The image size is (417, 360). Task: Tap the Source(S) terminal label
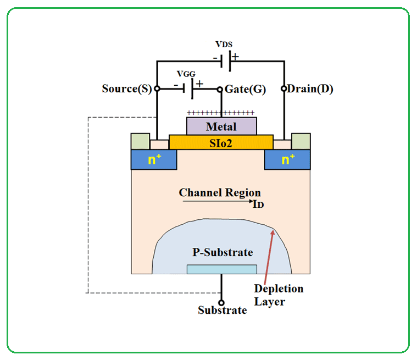click(127, 88)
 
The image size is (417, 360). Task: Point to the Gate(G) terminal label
click(245, 89)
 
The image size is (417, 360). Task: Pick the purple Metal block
click(221, 126)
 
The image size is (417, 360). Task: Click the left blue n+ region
click(154, 159)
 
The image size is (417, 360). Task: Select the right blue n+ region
click(287, 159)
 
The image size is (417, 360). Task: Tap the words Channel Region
click(220, 192)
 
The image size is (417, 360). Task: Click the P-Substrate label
click(222, 252)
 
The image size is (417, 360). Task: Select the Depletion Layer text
click(279, 295)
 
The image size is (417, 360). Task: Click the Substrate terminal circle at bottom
click(221, 302)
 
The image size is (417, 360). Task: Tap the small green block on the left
click(140, 141)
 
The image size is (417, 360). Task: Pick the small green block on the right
click(301, 141)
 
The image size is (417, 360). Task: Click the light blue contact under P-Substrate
click(221, 269)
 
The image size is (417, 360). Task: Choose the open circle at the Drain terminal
click(284, 88)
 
